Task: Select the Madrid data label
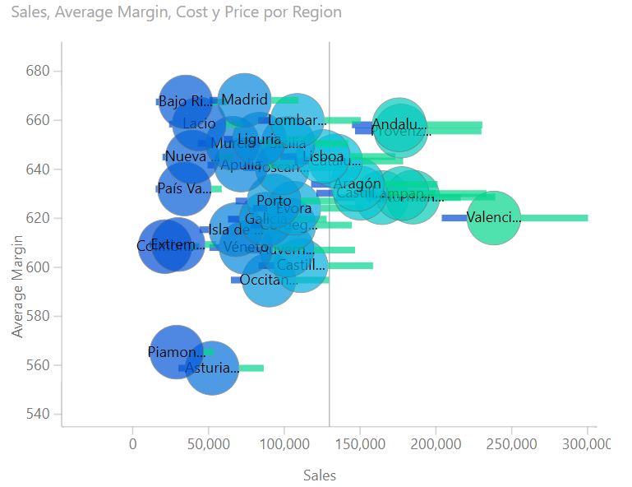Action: pos(245,100)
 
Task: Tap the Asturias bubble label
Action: pos(211,369)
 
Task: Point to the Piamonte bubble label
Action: pos(176,352)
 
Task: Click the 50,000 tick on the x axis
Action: pos(208,444)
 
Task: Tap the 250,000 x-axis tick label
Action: pos(512,444)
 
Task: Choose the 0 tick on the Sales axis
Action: pos(133,444)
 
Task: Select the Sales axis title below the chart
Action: pos(320,475)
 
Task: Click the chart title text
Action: pos(177,12)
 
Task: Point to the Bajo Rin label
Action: pos(185,102)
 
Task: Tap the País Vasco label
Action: pos(183,188)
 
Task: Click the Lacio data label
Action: pos(199,124)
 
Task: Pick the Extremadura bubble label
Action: pos(178,245)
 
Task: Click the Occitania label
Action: pos(268,281)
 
